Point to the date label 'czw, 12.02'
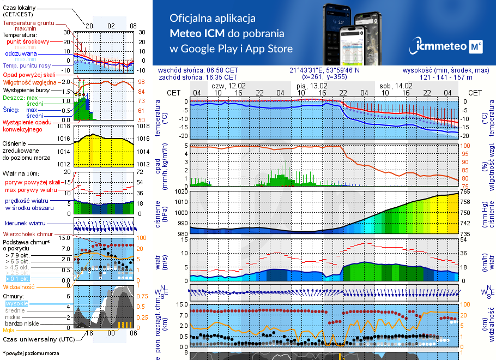pos(228,86)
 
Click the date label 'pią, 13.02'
pos(312,86)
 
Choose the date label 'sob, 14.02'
pos(396,86)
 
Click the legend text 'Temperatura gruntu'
pos(28,23)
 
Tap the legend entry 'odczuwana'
pos(21,54)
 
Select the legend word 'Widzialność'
pos(19,286)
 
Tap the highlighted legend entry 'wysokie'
pos(16,303)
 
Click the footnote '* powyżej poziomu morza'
pos(31,353)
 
